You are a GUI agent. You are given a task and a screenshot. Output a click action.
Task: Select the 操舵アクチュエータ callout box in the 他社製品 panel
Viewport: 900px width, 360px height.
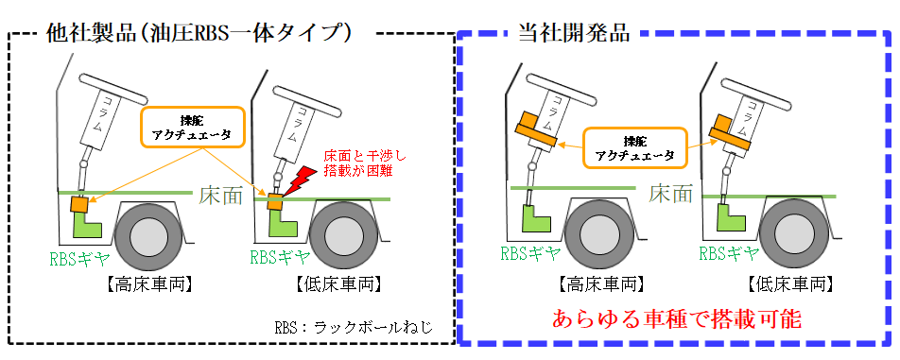tap(192, 126)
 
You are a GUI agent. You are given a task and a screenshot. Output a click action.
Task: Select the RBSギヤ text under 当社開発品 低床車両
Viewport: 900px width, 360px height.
tap(729, 252)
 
